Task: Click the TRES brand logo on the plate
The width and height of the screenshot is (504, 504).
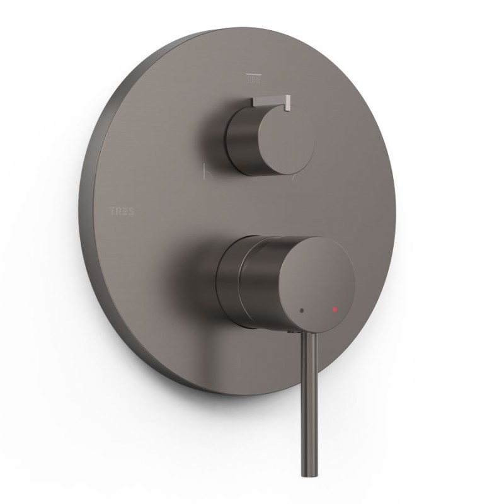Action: [x=122, y=212]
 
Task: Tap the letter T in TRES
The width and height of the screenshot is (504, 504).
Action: [x=113, y=212]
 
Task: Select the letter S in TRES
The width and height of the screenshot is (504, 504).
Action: [x=131, y=212]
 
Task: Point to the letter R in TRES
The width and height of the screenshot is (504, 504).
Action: [x=119, y=212]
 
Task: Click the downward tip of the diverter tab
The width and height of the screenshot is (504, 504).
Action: [x=287, y=109]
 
